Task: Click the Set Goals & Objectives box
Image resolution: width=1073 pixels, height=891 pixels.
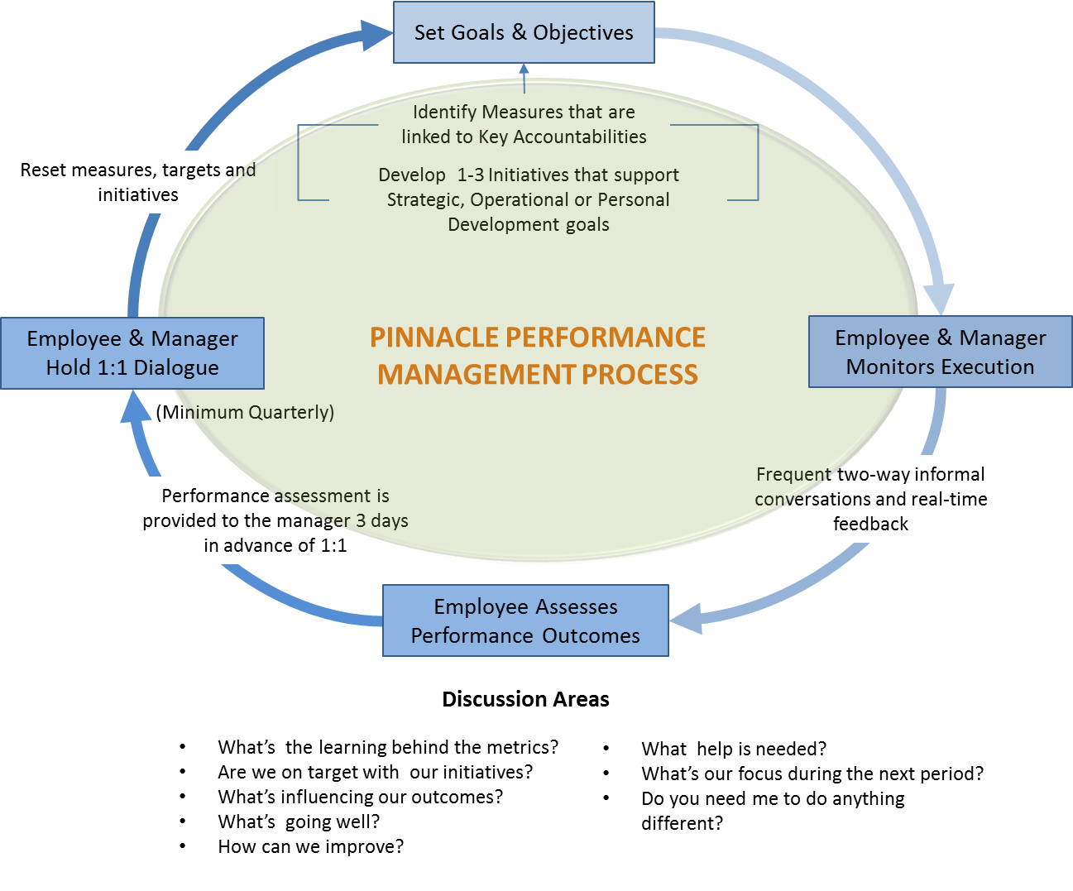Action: tap(524, 32)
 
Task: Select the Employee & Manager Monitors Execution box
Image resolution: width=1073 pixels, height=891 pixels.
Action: tap(940, 352)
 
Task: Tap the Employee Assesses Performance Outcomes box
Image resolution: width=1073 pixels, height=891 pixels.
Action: tap(525, 620)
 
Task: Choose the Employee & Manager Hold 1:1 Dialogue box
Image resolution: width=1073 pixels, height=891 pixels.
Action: tap(132, 353)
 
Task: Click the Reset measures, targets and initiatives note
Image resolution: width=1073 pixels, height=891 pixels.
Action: tap(137, 182)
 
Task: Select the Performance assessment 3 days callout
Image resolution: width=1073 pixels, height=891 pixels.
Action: tap(275, 520)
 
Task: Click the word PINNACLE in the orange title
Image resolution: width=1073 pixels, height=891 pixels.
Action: tap(434, 338)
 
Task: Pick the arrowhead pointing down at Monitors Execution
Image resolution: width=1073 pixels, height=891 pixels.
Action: tap(939, 299)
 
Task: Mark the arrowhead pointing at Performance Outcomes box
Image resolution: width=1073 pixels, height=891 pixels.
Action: tap(687, 619)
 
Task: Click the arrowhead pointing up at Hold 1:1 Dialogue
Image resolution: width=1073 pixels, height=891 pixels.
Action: tap(136, 406)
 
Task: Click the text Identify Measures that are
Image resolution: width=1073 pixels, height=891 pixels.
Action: tap(524, 112)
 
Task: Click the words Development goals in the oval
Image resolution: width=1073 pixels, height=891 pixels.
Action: tap(528, 224)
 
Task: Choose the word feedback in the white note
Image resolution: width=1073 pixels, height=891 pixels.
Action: tap(870, 524)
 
